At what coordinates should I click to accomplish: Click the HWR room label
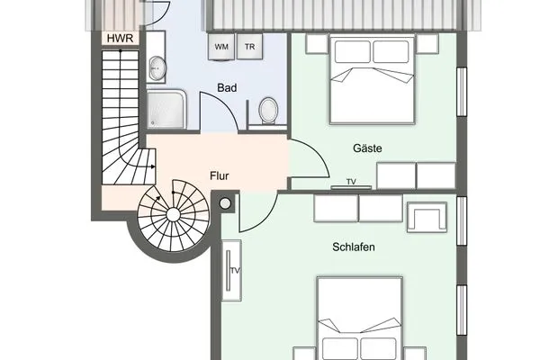pos(119,39)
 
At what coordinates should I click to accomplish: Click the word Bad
pos(228,88)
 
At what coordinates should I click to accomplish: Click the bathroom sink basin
pos(157,67)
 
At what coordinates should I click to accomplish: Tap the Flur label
pos(220,176)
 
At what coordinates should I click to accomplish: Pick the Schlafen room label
pos(353,247)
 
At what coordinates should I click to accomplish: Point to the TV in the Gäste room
pos(350,184)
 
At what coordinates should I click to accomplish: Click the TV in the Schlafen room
pos(234,270)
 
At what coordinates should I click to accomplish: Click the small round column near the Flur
pos(225,204)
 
